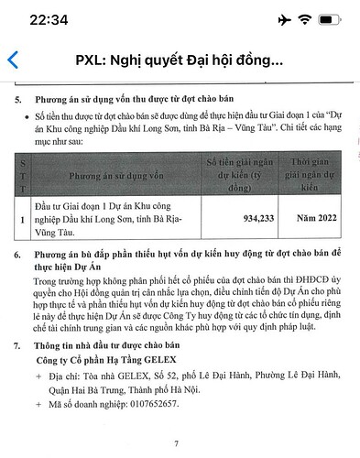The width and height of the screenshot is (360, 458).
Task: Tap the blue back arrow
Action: click(12, 60)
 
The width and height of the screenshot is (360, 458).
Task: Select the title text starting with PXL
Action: click(180, 60)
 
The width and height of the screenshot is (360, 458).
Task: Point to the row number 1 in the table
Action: click(23, 218)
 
